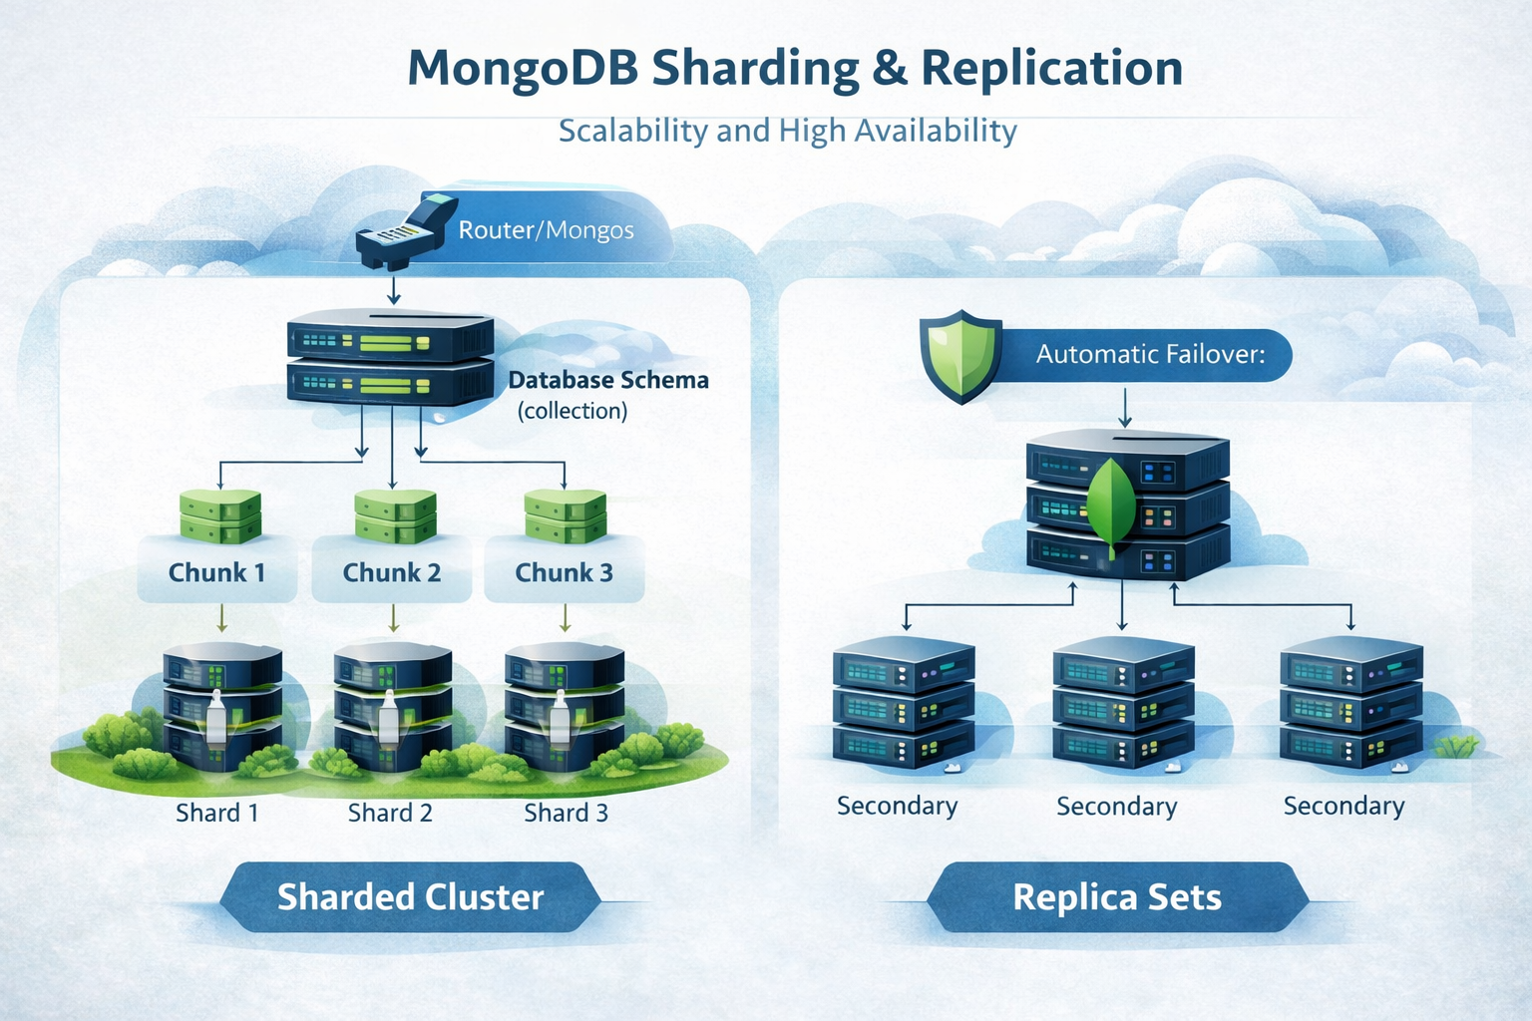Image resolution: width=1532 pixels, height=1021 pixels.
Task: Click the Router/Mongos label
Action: click(x=546, y=230)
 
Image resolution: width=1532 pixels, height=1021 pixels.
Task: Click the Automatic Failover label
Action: click(x=1150, y=354)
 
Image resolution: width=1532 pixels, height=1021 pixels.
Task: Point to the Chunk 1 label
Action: click(x=216, y=572)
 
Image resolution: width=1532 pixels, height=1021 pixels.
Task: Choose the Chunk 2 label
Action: click(x=391, y=572)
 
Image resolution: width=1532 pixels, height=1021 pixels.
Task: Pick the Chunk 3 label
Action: click(x=564, y=572)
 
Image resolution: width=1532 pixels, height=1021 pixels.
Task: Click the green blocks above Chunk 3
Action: click(x=565, y=515)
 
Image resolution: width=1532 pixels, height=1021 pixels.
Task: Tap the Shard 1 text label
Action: click(x=217, y=813)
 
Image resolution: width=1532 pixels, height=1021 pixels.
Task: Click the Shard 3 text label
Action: click(x=566, y=813)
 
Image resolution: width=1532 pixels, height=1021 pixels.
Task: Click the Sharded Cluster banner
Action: click(x=410, y=897)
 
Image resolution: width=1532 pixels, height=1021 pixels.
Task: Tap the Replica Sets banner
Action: click(x=1117, y=897)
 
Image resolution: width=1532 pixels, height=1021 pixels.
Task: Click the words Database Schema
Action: click(x=608, y=380)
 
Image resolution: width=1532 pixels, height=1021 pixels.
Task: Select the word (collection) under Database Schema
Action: click(x=573, y=411)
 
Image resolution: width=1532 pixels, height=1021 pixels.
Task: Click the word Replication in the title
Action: click(x=1051, y=68)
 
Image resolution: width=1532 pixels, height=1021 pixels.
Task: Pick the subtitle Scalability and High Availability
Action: click(x=787, y=131)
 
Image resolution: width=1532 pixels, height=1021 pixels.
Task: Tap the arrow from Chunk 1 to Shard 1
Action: click(x=221, y=619)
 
